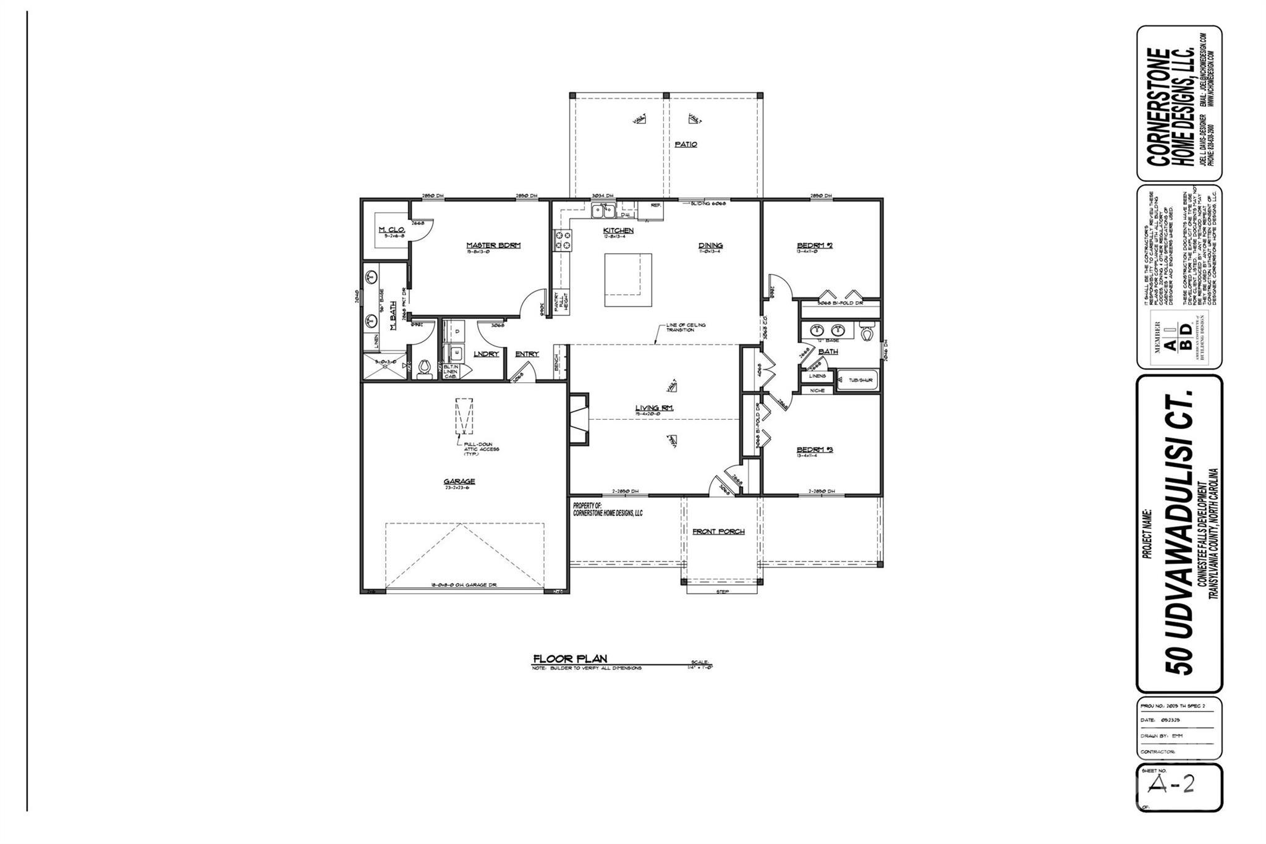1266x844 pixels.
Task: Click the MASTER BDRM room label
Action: pos(493,245)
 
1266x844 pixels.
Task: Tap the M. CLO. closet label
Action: pos(391,230)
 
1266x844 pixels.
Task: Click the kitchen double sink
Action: pos(602,212)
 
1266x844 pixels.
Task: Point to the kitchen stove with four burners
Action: pos(563,240)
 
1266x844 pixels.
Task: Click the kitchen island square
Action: pos(628,279)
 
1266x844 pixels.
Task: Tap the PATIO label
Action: pos(686,144)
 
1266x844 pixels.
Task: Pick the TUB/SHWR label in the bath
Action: pos(856,380)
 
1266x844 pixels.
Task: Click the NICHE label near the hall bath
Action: pos(817,390)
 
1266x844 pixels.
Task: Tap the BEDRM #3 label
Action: pos(815,450)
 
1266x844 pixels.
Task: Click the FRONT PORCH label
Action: pos(718,531)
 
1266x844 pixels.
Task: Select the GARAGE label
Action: pos(459,482)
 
